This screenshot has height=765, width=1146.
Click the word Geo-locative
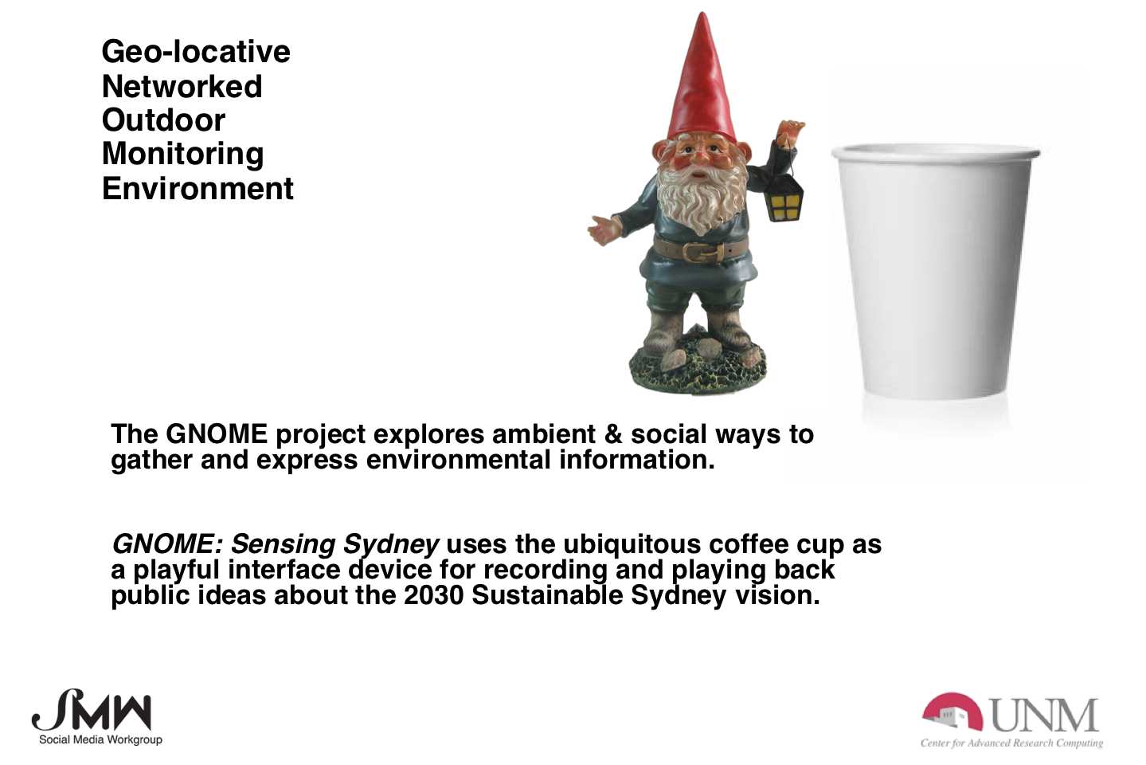[196, 53]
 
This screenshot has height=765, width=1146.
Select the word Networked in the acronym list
[182, 86]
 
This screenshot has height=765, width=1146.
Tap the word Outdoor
[164, 120]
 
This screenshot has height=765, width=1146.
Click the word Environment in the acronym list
[198, 188]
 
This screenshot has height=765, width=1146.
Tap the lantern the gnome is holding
[784, 197]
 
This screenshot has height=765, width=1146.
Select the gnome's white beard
[702, 197]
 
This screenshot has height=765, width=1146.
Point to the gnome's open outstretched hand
[605, 229]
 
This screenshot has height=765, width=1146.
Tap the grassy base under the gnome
[698, 366]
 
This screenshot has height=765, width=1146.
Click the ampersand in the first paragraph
[613, 434]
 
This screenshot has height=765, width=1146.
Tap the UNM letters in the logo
[1045, 716]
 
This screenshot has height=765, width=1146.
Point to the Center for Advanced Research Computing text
[1011, 743]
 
